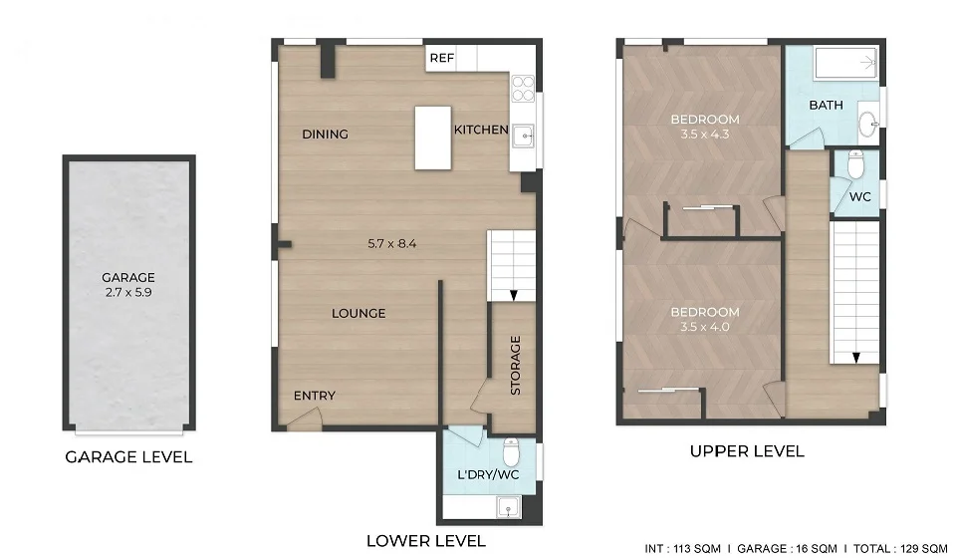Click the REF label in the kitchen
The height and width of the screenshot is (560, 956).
click(441, 59)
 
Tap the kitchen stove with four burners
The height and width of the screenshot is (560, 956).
click(523, 90)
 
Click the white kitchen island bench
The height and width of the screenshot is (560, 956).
click(432, 138)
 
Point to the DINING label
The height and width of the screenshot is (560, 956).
click(325, 135)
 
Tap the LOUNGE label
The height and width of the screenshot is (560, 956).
click(358, 313)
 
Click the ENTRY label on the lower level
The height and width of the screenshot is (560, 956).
click(315, 396)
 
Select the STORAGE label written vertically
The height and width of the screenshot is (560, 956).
click(516, 366)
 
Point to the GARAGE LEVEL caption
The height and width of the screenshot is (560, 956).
click(128, 457)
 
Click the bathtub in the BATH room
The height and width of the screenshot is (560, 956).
click(845, 65)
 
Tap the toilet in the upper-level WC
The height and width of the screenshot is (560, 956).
click(855, 163)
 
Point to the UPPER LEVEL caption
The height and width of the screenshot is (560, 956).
click(747, 451)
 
